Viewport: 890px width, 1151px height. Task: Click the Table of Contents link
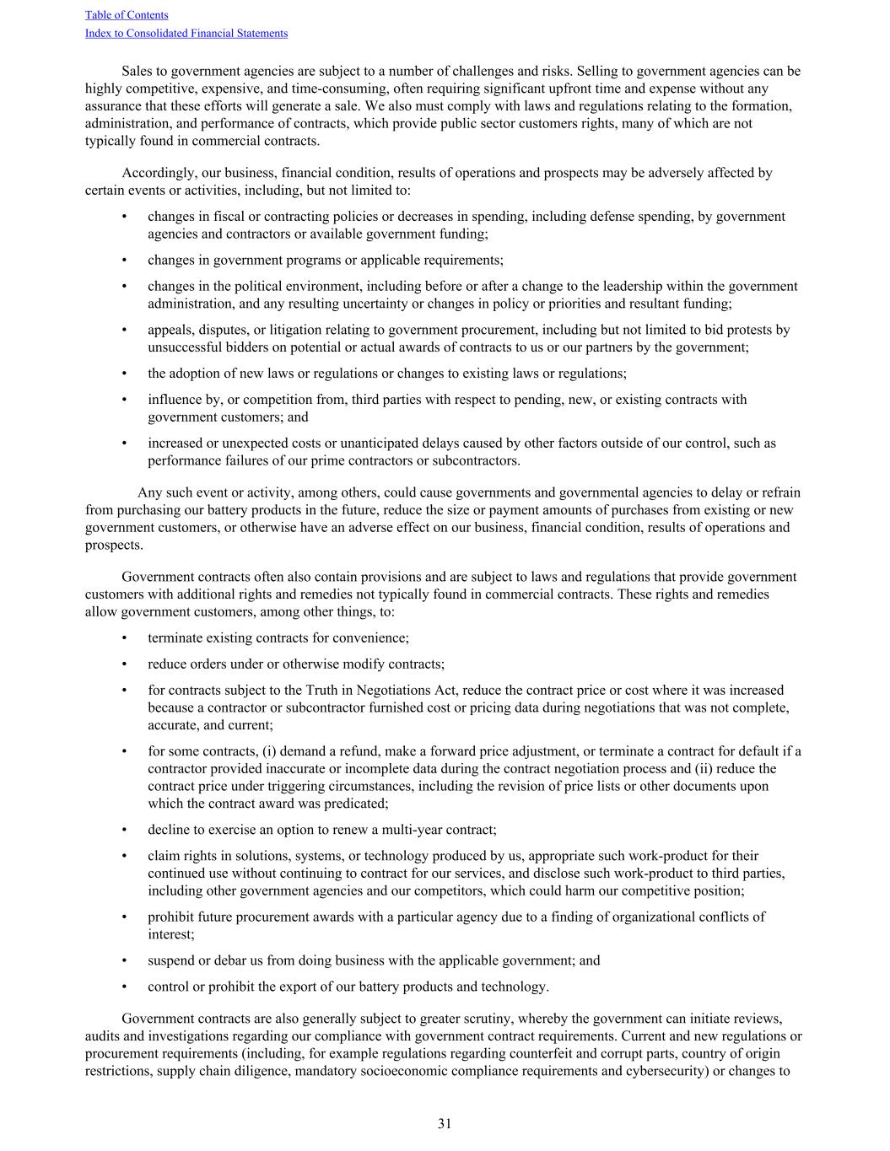(127, 15)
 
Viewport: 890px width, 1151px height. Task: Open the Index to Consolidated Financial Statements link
(186, 34)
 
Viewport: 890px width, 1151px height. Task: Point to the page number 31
(445, 1123)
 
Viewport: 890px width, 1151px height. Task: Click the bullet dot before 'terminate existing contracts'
(125, 638)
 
